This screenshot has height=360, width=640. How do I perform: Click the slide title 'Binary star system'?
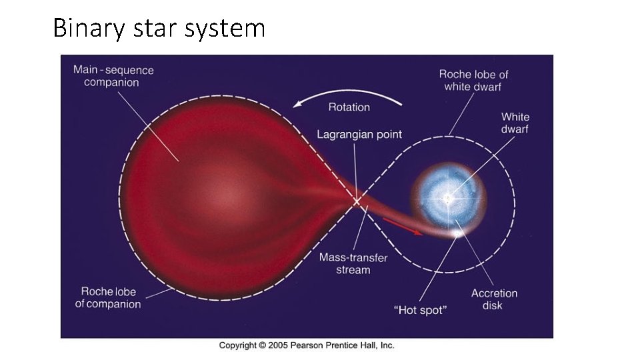(x=159, y=29)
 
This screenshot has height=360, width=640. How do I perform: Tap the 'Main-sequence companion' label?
(x=113, y=76)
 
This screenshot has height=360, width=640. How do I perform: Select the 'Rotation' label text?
(x=349, y=107)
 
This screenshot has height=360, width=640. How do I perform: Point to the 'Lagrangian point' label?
(x=359, y=134)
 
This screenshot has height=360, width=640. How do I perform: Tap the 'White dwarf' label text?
(x=515, y=123)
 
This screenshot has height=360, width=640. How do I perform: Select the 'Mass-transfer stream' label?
(x=353, y=263)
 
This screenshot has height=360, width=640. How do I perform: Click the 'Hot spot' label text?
(x=420, y=309)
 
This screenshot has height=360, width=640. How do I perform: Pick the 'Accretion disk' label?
(x=494, y=299)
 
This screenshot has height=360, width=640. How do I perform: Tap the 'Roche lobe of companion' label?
(x=108, y=297)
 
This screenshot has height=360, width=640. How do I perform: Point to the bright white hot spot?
(x=457, y=233)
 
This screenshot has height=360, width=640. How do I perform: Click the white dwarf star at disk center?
(x=448, y=198)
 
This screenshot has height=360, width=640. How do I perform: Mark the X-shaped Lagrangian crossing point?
(x=357, y=200)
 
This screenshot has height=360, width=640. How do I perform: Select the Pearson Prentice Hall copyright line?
(x=307, y=345)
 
